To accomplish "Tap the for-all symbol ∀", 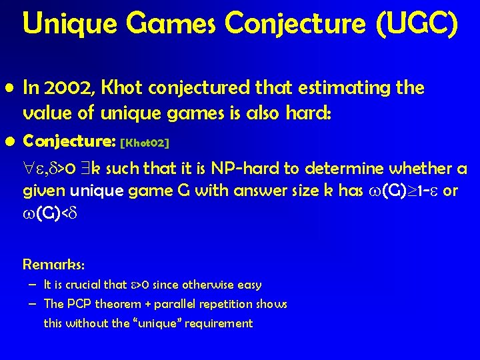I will tap(29, 169).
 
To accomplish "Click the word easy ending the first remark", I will tap(249, 285).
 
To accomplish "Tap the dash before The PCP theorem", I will tap(33, 304).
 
